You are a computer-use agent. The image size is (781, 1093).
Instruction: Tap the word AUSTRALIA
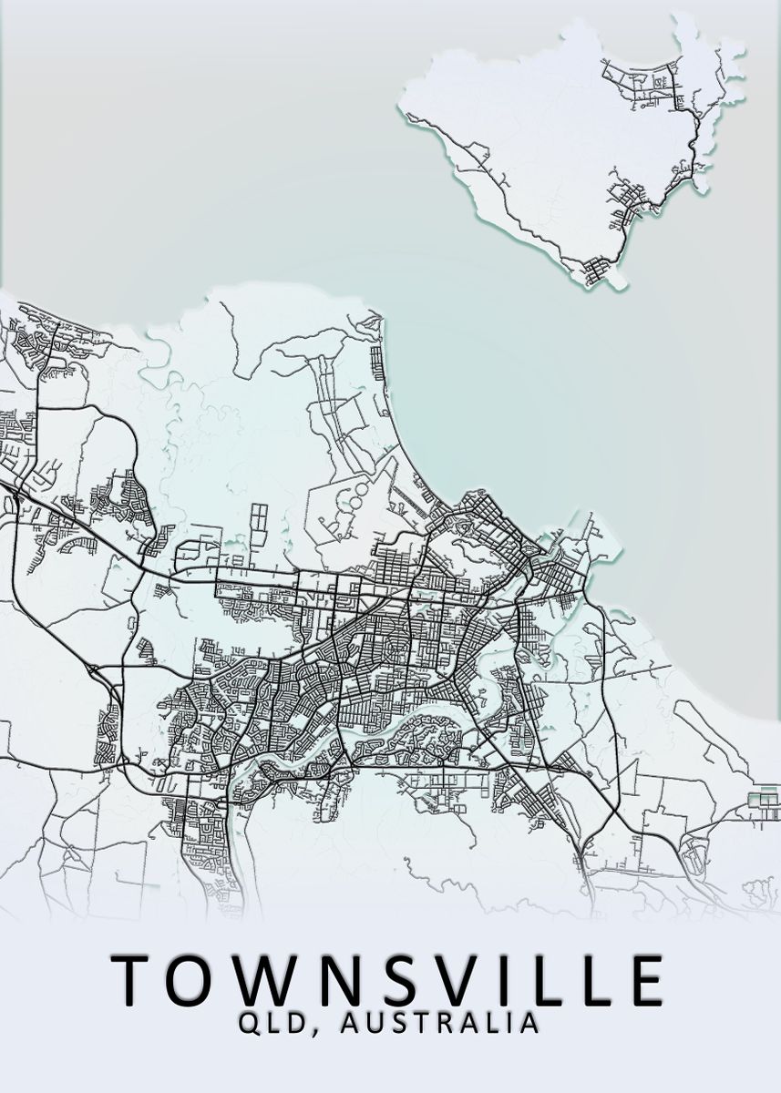438,1024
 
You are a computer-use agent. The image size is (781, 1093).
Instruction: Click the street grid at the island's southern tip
598,270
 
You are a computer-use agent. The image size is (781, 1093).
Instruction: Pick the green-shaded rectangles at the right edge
763,801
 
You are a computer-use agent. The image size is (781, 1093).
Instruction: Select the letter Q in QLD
250,1024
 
